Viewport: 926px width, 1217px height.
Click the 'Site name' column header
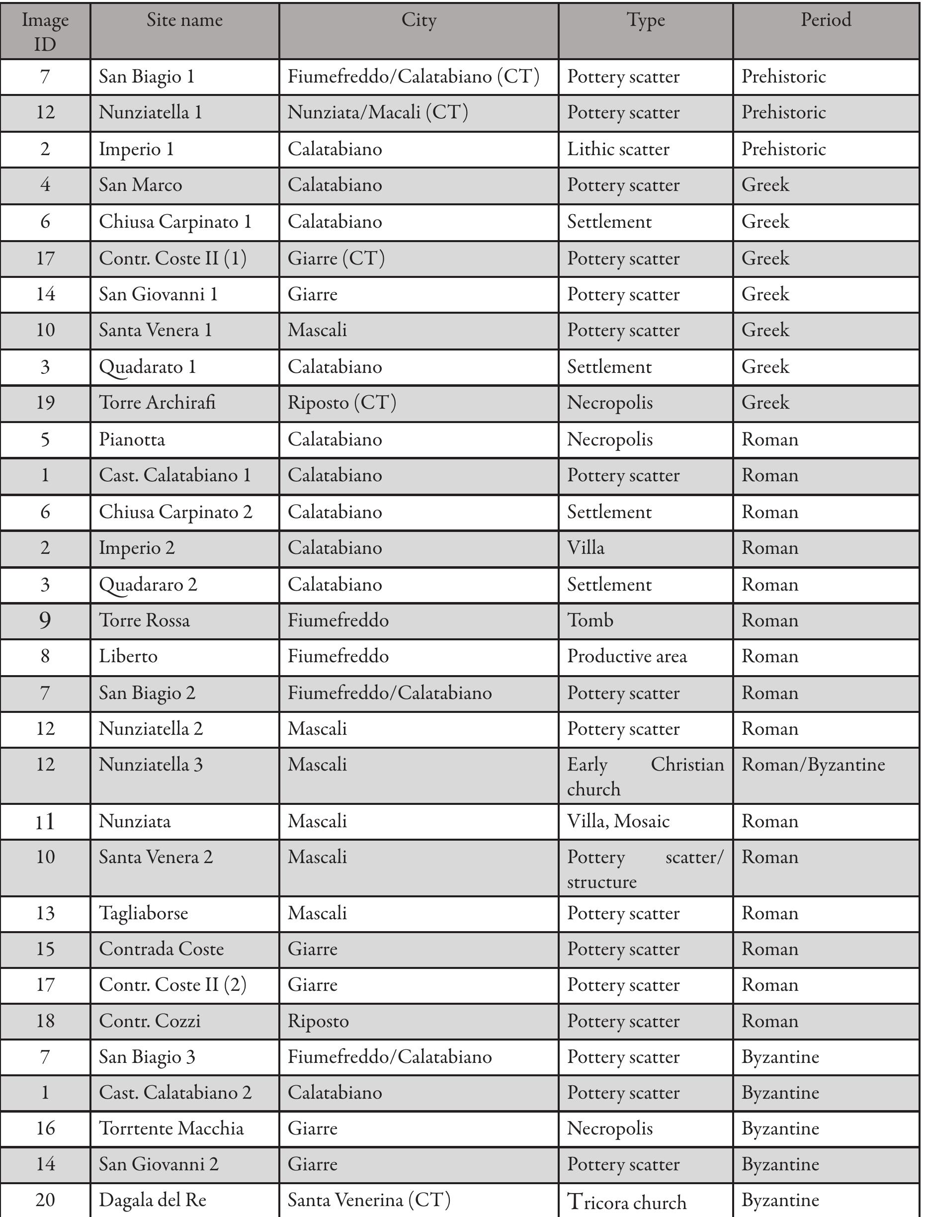pyautogui.click(x=184, y=21)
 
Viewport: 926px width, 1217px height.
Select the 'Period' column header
pyautogui.click(x=826, y=21)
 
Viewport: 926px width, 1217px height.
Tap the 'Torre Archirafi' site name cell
pyautogui.click(x=157, y=403)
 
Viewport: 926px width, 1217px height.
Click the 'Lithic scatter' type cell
pyautogui.click(x=618, y=149)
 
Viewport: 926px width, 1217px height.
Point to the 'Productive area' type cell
pyautogui.click(x=627, y=656)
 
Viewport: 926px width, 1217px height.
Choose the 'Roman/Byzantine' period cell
pyautogui.click(x=813, y=765)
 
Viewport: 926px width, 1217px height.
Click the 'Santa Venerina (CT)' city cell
pyautogui.click(x=369, y=1200)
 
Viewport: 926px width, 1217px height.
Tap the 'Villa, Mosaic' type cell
pyautogui.click(x=618, y=822)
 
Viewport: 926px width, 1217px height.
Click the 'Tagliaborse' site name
pyautogui.click(x=144, y=913)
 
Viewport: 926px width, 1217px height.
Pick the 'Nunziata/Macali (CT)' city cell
pyautogui.click(x=378, y=112)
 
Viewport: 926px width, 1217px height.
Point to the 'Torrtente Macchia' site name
pyautogui.click(x=171, y=1129)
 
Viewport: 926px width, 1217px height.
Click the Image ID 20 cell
pyautogui.click(x=45, y=1200)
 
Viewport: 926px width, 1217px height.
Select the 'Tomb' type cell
pyautogui.click(x=590, y=620)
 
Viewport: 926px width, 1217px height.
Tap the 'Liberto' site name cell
pyautogui.click(x=128, y=656)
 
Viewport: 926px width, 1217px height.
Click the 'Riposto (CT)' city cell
pyautogui.click(x=342, y=403)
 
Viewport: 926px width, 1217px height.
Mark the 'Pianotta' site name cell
pyautogui.click(x=132, y=440)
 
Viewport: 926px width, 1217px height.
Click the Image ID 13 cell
pyautogui.click(x=45, y=913)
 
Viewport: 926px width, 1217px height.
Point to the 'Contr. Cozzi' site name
pyautogui.click(x=150, y=1021)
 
